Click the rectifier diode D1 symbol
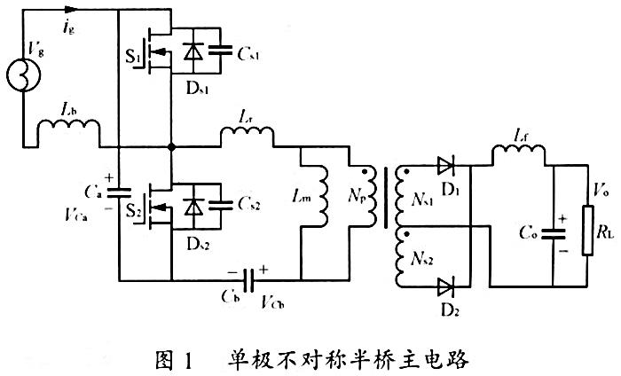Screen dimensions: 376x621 pos(446,165)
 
